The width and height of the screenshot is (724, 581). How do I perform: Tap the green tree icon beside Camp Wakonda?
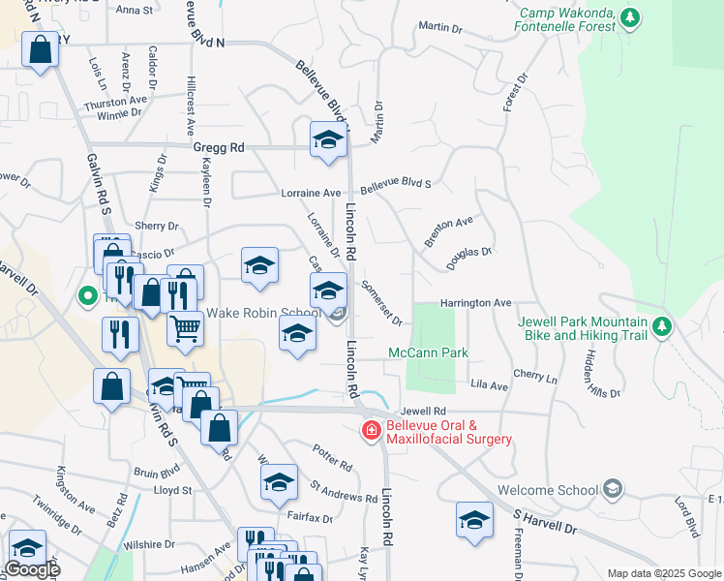click(631, 17)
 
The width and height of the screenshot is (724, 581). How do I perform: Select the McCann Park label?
click(429, 352)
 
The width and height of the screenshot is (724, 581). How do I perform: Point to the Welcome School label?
click(548, 490)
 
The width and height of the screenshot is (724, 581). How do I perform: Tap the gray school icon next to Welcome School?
click(611, 489)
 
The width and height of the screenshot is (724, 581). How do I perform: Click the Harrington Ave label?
click(475, 303)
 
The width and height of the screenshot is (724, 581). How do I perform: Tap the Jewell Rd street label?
click(427, 411)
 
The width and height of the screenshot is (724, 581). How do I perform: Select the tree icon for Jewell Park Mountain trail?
click(662, 325)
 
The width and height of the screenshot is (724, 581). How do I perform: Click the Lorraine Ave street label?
click(311, 193)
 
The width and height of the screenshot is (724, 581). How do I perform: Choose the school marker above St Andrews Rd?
click(279, 481)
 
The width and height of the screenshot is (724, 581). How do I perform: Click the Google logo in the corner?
click(31, 570)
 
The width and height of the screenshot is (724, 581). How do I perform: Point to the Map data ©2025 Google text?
click(663, 573)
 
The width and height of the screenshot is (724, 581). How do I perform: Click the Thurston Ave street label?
click(115, 100)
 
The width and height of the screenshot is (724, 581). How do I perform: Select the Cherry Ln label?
click(535, 374)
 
